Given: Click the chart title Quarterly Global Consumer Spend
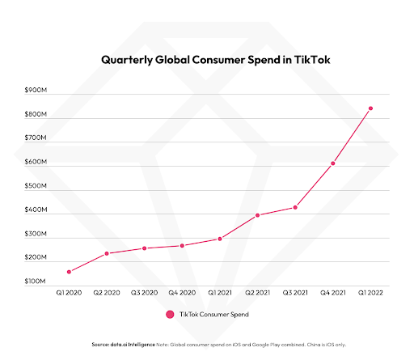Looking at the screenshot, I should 207,59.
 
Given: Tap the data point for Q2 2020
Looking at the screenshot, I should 106,253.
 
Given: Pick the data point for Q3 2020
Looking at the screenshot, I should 144,248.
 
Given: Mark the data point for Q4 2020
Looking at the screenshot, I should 182,245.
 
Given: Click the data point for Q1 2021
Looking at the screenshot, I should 219,239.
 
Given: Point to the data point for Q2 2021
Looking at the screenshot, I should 257,215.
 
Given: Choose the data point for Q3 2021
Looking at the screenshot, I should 295,207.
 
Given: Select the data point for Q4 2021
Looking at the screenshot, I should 333,163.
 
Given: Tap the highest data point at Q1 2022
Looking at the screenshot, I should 371,108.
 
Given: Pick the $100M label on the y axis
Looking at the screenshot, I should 36,281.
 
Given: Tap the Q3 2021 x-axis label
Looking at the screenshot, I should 295,292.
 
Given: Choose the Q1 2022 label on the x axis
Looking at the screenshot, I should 371,292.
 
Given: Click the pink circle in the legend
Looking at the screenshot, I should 170,314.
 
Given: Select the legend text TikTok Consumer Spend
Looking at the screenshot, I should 214,314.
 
